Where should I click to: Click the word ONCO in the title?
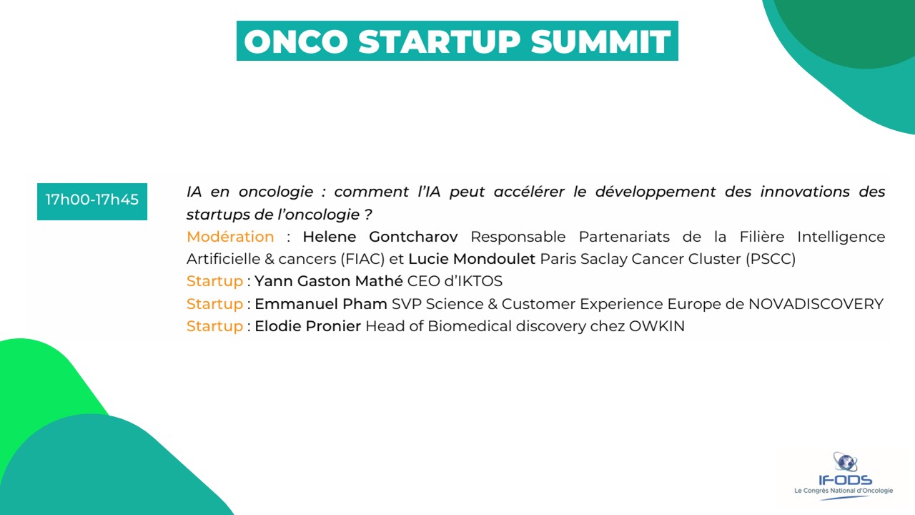pos(296,41)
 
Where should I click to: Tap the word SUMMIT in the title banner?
pos(601,41)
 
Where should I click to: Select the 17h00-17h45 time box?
pos(92,202)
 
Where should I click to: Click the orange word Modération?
pos(230,237)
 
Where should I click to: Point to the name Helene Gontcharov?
pos(380,237)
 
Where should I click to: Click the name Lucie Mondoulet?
pos(472,259)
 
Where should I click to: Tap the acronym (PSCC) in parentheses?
pos(771,259)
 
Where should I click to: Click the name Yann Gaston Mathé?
pos(329,281)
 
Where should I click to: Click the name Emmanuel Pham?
pos(321,304)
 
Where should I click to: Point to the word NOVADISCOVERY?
pos(816,304)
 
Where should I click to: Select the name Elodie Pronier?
pos(308,326)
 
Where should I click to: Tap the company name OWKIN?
pos(657,326)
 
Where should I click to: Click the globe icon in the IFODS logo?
pos(845,462)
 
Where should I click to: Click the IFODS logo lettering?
pos(845,480)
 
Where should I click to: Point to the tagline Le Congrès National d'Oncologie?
pos(844,491)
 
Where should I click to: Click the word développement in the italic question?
pos(656,192)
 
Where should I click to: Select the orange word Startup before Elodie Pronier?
pos(215,327)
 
